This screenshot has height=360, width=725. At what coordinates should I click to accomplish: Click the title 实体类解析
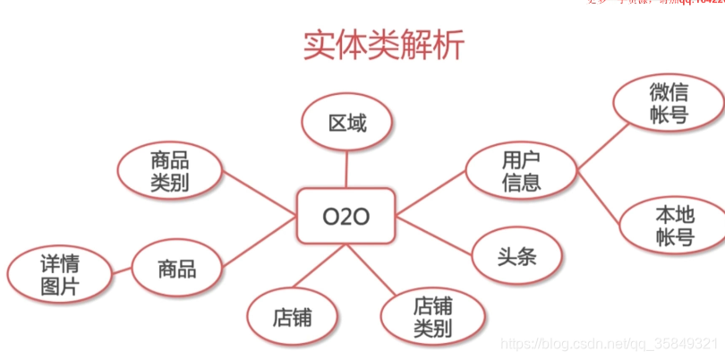pyautogui.click(x=384, y=46)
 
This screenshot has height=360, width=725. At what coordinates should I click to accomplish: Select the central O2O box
pyautogui.click(x=345, y=216)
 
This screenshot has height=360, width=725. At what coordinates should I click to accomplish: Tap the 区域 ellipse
pyautogui.click(x=346, y=124)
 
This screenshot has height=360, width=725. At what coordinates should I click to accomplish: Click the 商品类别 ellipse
pyautogui.click(x=170, y=171)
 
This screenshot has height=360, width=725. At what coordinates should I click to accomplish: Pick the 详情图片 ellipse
pyautogui.click(x=60, y=275)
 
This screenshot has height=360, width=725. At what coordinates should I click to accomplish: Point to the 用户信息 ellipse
pyautogui.click(x=520, y=171)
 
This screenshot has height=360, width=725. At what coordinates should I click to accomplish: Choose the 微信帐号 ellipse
pyautogui.click(x=669, y=104)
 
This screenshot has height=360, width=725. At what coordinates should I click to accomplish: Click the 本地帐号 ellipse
pyautogui.click(x=674, y=226)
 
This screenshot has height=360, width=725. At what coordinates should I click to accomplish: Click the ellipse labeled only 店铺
pyautogui.click(x=293, y=317)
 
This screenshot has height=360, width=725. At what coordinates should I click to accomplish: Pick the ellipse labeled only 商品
pyautogui.click(x=176, y=268)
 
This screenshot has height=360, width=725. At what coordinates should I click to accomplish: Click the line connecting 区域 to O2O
pyautogui.click(x=346, y=169)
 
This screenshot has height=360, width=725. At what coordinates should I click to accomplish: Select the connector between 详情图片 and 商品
pyautogui.click(x=122, y=271)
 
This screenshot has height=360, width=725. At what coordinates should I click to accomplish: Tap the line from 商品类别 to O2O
pyautogui.click(x=260, y=196)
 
